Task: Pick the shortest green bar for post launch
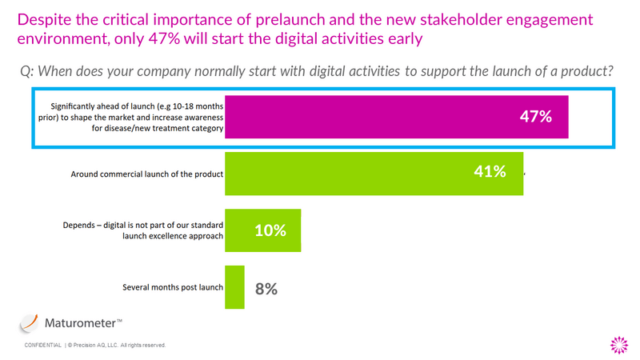click(235, 287)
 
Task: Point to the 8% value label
click(266, 288)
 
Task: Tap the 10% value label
click(270, 230)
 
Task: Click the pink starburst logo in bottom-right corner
click(618, 344)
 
